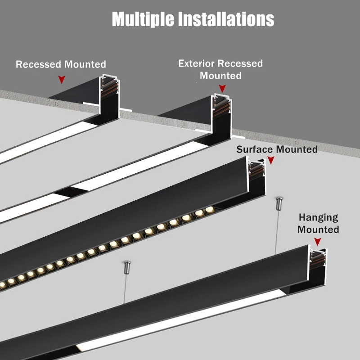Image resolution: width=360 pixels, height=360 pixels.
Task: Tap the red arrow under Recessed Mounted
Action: click(62, 80)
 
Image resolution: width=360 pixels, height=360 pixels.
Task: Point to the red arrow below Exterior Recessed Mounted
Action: click(221, 89)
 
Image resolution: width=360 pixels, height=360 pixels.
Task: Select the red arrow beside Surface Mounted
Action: click(271, 160)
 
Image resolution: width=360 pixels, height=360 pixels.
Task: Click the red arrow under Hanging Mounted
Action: click(318, 242)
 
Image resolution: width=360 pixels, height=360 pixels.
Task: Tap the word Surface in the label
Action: click(255, 149)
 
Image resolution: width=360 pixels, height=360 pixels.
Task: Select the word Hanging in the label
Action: click(318, 218)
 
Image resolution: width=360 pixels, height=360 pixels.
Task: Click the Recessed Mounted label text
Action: click(61, 64)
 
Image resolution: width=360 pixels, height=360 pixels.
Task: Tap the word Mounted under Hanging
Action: click(318, 229)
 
